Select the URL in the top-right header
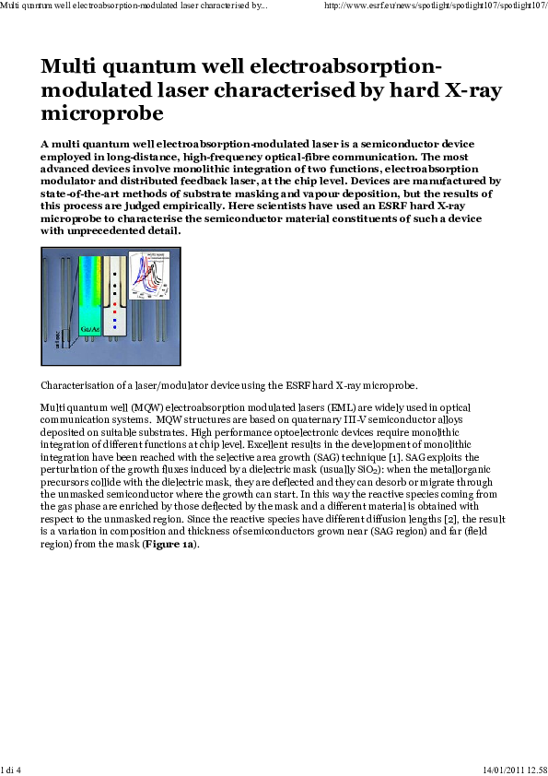pyautogui.click(x=437, y=6)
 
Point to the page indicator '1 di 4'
pyautogui.click(x=11, y=769)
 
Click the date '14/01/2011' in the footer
pyautogui.click(x=505, y=769)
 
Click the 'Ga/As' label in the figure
pyautogui.click(x=91, y=329)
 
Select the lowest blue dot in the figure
pyautogui.click(x=113, y=327)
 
